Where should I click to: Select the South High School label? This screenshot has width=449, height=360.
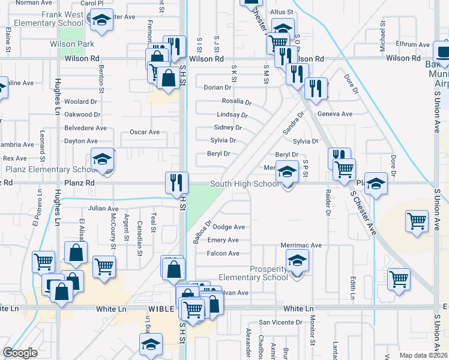click(x=244, y=184)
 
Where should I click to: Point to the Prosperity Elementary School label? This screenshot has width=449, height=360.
click(x=253, y=273)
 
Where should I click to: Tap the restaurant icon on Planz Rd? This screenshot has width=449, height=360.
click(x=176, y=182)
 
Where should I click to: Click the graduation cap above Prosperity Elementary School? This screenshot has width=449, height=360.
click(x=297, y=261)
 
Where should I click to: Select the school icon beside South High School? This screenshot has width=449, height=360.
click(x=287, y=172)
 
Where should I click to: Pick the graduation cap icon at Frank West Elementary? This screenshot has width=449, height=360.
click(x=102, y=21)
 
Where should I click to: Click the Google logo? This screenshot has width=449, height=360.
click(x=20, y=353)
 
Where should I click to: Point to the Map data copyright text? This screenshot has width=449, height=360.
click(x=424, y=355)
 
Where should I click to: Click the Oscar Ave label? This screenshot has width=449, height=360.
click(x=145, y=132)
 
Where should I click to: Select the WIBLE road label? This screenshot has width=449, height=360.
click(x=161, y=309)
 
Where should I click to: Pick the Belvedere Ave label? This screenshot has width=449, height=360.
click(x=85, y=128)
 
